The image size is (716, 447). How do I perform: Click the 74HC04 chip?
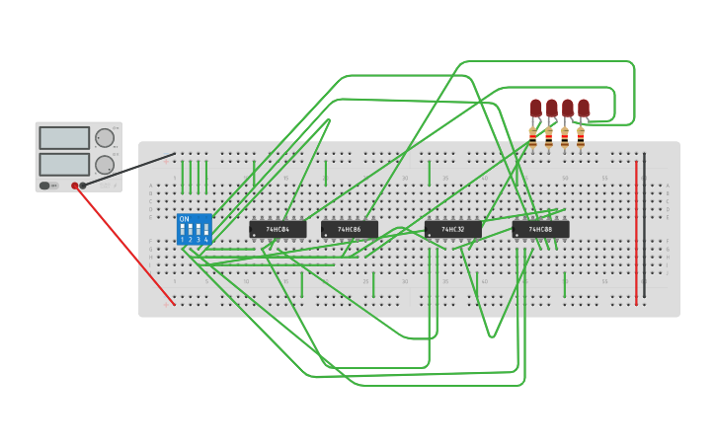278,229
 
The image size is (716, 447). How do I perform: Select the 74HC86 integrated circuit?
349,229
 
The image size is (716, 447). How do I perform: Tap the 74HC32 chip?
453,229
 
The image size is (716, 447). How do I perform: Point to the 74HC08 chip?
540,229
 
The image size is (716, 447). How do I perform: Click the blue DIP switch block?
194,229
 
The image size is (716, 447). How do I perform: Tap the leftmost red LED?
535,107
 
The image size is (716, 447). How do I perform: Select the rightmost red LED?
584,107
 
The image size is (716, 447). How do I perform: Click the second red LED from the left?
551,107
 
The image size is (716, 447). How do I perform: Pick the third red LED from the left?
568,107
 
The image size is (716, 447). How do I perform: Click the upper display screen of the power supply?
64,137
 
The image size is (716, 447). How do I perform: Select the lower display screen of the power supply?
64,164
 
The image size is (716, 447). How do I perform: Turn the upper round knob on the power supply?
104,138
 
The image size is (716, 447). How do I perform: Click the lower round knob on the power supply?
104,165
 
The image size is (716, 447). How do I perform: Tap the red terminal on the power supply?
74,186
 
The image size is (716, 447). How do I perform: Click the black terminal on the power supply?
83,186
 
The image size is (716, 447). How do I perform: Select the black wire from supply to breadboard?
128,170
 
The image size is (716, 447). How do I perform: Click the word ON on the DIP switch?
184,219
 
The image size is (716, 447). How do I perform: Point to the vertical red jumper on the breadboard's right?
636,227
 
